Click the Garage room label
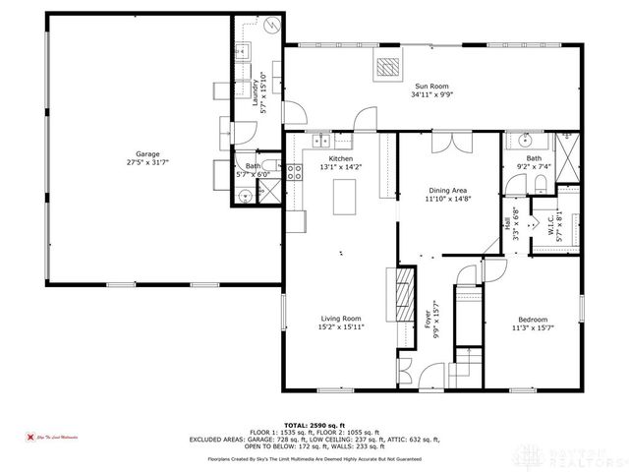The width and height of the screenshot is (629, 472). pos(147,153)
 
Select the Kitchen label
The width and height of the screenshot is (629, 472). pos(340,158)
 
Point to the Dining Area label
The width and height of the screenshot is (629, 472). pos(448,191)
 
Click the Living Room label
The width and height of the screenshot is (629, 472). pos(341,318)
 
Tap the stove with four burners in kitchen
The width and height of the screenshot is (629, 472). pos(294,176)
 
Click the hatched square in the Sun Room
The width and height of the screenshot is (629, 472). pos(390,67)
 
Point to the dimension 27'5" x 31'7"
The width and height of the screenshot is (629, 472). pos(147,163)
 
